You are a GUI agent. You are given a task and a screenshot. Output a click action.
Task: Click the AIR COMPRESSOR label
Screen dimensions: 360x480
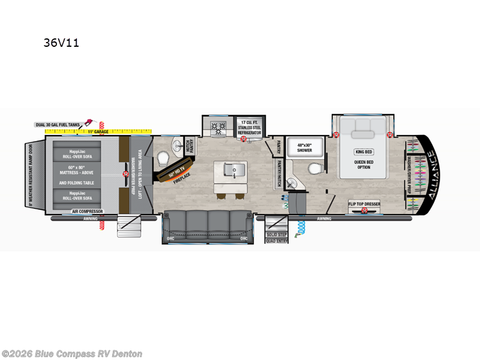click(88, 211)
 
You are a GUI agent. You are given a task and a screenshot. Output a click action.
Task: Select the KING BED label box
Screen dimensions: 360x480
click(364, 152)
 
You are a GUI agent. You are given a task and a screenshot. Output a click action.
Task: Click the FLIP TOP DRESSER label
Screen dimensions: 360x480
click(364, 204)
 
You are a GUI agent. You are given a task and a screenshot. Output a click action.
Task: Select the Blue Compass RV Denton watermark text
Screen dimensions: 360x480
click(72, 353)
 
